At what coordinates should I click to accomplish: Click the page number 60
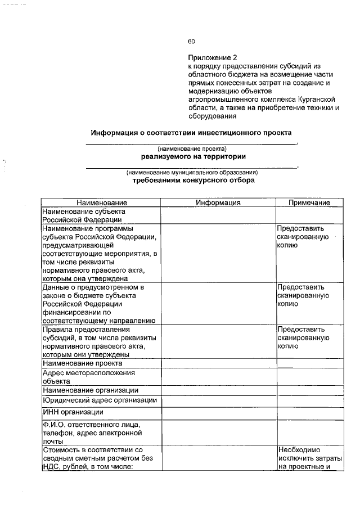coord(191,41)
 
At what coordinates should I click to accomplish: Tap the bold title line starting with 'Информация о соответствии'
coord(191,133)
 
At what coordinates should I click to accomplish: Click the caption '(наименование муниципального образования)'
coord(192,173)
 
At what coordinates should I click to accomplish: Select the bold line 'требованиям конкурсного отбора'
coord(193,181)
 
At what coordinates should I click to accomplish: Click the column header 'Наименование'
coord(102,202)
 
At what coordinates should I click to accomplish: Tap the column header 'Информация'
coord(218,202)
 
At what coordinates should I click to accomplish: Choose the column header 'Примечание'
coord(309,202)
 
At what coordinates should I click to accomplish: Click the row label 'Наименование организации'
coord(90,390)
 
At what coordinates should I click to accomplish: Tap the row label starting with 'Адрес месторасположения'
coord(80,376)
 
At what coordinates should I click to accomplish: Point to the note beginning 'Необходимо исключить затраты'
coord(309,457)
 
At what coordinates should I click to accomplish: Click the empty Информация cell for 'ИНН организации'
coord(218,413)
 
